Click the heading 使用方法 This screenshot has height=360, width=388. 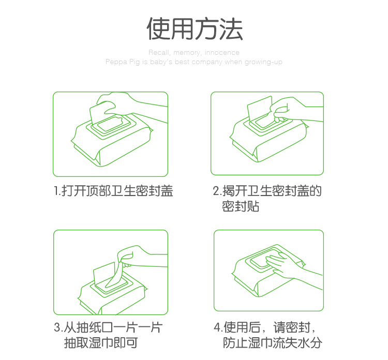pyautogui.click(x=195, y=28)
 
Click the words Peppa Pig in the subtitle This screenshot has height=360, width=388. pyautogui.click(x=123, y=62)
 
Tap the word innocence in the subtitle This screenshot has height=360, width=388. pyautogui.click(x=222, y=52)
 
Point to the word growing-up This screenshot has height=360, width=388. pyautogui.click(x=263, y=62)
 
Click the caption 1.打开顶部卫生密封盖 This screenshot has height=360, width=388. pyautogui.click(x=113, y=191)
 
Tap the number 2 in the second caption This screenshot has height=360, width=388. pyautogui.click(x=216, y=191)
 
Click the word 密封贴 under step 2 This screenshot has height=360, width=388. pyautogui.click(x=240, y=206)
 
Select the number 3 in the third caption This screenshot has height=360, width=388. pyautogui.click(x=57, y=327)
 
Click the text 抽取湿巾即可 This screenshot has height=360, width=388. pyautogui.click(x=101, y=343)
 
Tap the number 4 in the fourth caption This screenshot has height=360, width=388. pyautogui.click(x=217, y=327)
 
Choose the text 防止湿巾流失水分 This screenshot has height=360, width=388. pyautogui.click(x=273, y=343)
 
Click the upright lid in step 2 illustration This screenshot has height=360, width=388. pyautogui.click(x=260, y=108)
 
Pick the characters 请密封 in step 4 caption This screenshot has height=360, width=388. pyautogui.click(x=292, y=327)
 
